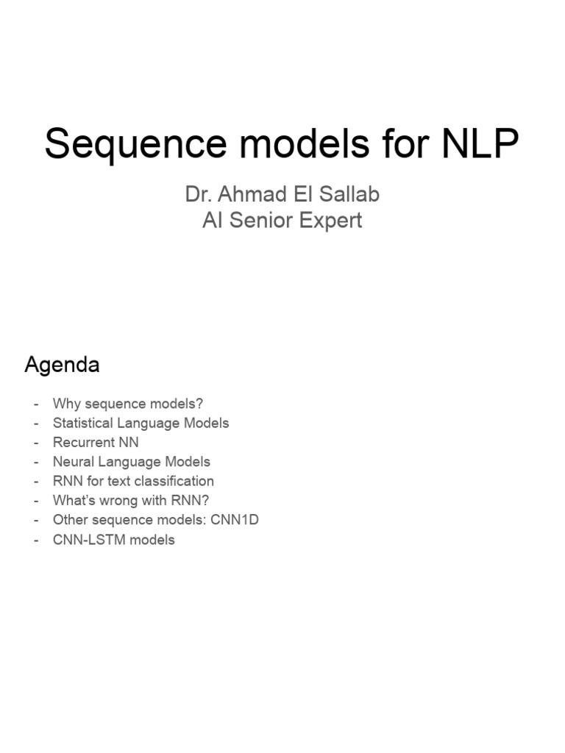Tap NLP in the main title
(480, 144)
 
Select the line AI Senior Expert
(282, 221)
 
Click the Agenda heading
(62, 365)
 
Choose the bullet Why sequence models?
(128, 404)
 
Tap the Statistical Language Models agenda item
(141, 423)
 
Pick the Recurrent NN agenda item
(96, 442)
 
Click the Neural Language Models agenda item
(132, 462)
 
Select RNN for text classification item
(133, 481)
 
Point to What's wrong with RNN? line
(131, 501)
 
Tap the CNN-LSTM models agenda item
(114, 540)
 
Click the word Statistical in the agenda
(83, 423)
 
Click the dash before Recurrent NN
(35, 443)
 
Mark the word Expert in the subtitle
(334, 221)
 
